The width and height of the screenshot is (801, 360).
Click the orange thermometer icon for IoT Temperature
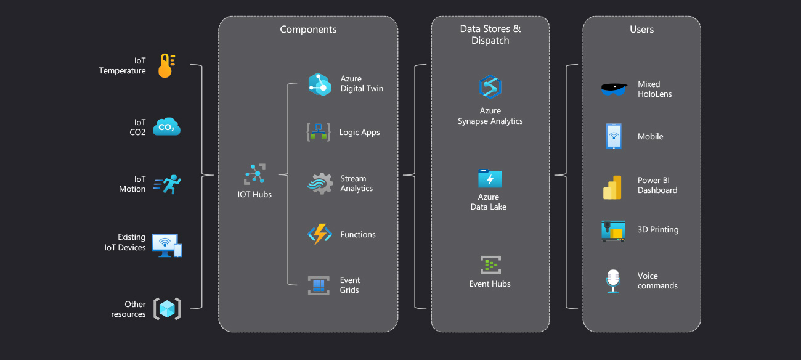[165, 66]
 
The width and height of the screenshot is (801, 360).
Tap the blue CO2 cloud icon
[166, 127]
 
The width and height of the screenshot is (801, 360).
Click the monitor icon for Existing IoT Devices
[166, 245]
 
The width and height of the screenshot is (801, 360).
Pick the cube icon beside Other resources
[166, 308]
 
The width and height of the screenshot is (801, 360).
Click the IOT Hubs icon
[254, 175]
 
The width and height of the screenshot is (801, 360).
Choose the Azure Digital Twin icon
[320, 84]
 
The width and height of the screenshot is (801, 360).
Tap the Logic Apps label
[359, 133]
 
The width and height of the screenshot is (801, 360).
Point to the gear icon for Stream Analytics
[320, 184]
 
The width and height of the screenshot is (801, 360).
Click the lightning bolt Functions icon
[320, 234]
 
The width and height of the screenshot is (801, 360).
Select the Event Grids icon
[319, 285]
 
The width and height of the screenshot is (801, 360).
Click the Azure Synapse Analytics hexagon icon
[490, 87]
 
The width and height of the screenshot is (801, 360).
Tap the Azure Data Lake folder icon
[490, 179]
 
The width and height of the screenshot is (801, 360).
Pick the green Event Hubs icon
[490, 265]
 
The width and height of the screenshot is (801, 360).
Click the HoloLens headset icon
[614, 89]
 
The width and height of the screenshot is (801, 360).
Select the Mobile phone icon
[614, 136]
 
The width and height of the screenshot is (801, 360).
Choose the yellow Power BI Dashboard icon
[612, 187]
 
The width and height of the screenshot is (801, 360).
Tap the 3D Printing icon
[613, 231]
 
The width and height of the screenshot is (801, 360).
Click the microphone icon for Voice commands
[612, 280]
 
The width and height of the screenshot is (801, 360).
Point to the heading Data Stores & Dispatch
[490, 35]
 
